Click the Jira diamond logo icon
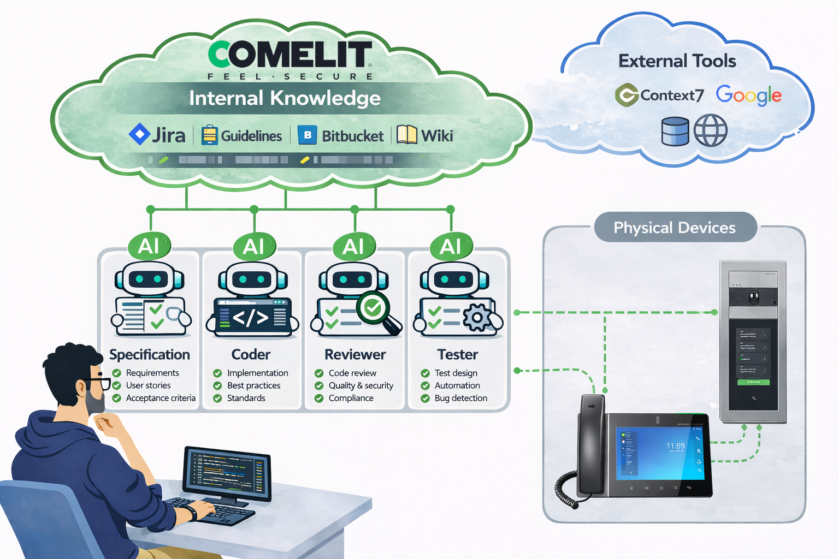(139, 134)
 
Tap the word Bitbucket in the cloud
(352, 136)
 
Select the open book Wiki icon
(406, 134)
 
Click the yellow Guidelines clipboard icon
(209, 135)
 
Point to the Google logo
(748, 96)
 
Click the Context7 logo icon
(627, 95)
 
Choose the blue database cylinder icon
(675, 131)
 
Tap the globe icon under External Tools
(710, 131)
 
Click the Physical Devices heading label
(675, 228)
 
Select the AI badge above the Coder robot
(253, 247)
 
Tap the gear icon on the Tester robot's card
(477, 317)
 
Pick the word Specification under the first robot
(150, 354)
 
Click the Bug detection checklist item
(460, 398)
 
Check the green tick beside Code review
(319, 373)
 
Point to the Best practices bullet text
(253, 385)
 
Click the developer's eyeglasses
(98, 383)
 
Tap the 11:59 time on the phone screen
(675, 446)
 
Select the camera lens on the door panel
(754, 298)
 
